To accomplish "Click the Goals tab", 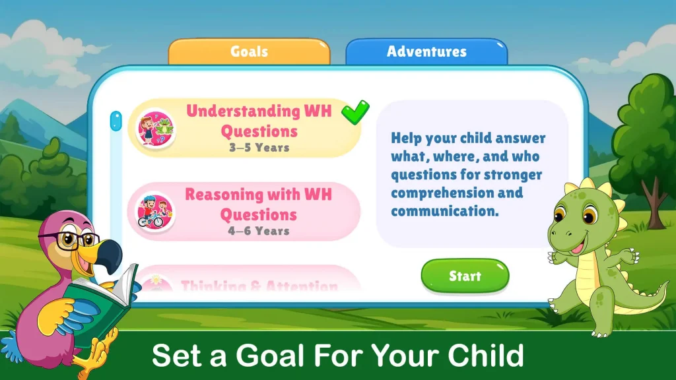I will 249,51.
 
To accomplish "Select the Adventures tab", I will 426,51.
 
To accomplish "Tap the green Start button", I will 465,276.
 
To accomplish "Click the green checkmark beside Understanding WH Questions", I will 355,111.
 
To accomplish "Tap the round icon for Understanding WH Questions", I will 155,127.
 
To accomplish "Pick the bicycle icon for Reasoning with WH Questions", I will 155,211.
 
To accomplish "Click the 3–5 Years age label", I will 259,148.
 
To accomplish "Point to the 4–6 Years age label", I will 259,231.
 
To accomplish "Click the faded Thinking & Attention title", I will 259,286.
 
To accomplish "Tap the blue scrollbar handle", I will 116,121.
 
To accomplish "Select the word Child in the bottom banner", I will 486,356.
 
